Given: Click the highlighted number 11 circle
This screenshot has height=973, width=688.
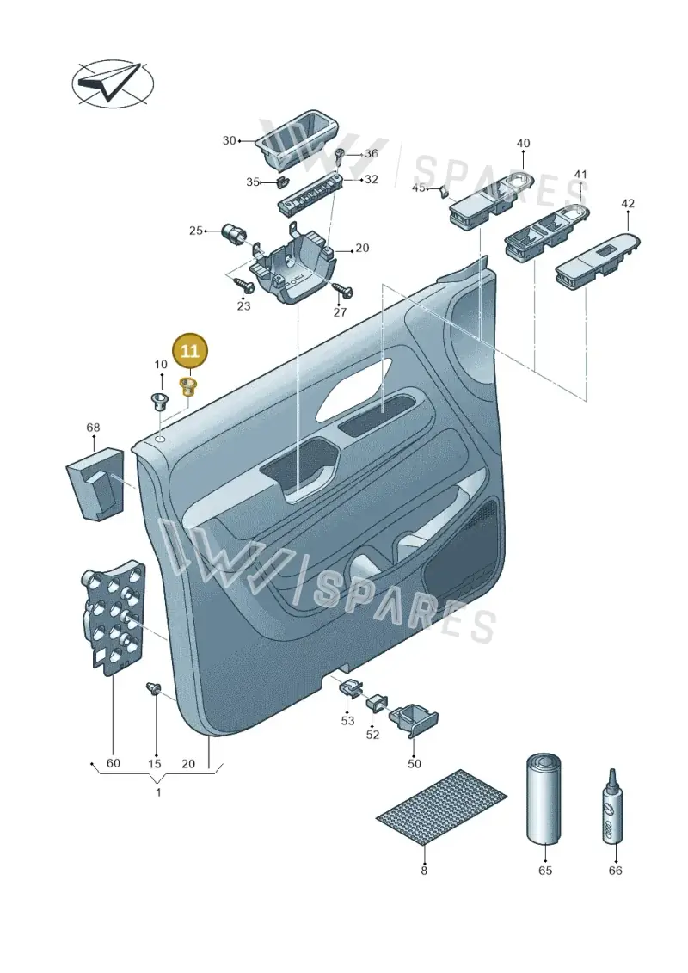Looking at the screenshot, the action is [189, 352].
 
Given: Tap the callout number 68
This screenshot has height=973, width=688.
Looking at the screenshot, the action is [93, 428].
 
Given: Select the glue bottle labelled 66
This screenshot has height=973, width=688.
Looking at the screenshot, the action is [611, 805].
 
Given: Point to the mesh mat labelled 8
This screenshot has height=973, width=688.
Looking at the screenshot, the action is [441, 806].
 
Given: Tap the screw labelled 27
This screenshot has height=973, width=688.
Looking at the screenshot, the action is [341, 288].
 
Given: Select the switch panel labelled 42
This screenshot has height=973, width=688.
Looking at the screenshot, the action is [598, 262].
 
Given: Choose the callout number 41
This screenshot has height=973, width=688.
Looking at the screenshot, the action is [580, 175].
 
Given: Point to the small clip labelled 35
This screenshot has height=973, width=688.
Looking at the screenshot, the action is [282, 182].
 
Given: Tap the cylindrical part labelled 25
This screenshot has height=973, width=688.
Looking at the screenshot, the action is [234, 235].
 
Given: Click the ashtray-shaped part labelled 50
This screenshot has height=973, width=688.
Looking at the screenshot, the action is [413, 718].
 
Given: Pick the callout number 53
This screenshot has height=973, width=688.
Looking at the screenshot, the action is [347, 720].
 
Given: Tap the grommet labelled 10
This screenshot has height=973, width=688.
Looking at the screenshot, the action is [161, 402].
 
